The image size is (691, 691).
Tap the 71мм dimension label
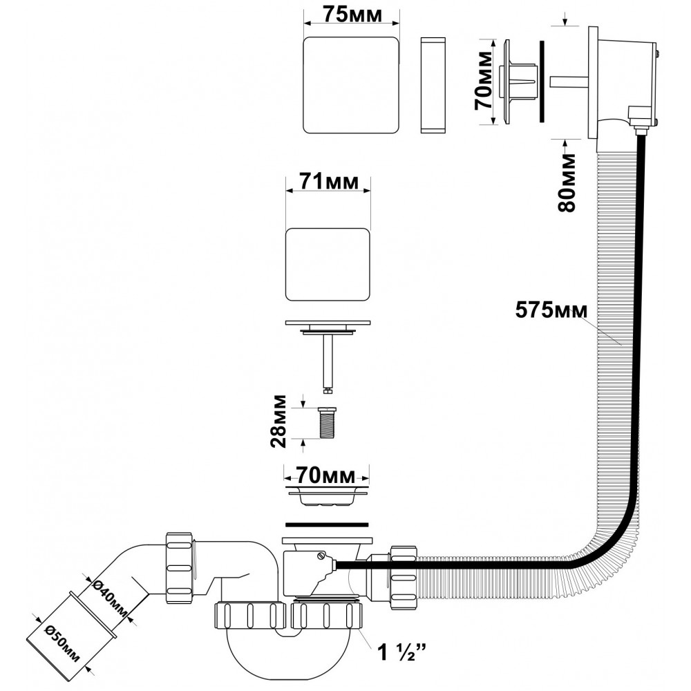[x=328, y=182]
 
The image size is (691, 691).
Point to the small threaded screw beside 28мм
[x=328, y=422]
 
